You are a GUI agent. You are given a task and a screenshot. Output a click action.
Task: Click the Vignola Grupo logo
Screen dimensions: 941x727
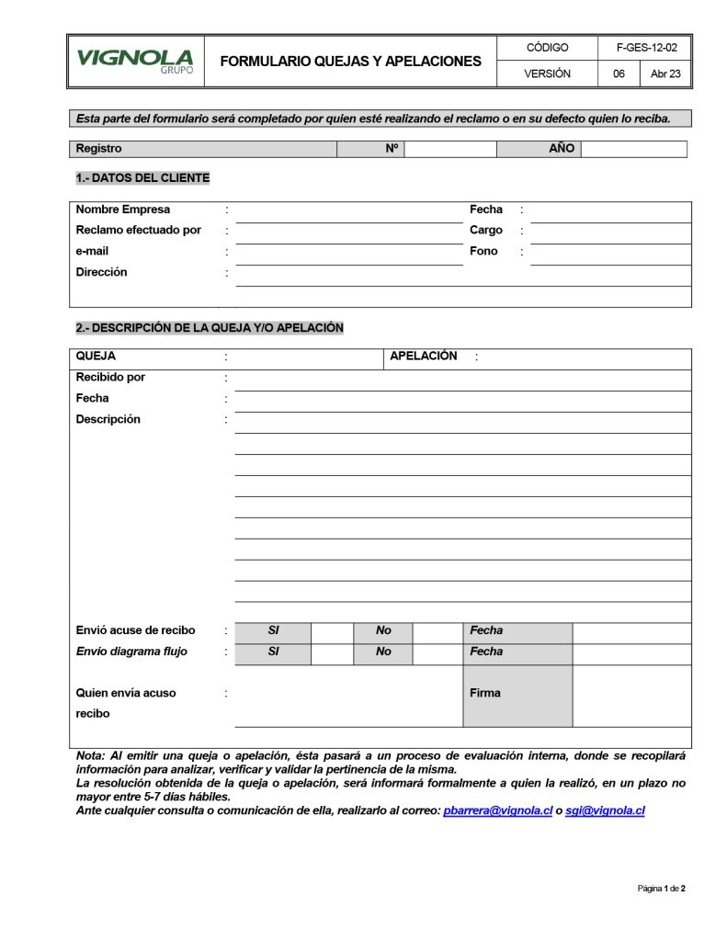pyautogui.click(x=135, y=62)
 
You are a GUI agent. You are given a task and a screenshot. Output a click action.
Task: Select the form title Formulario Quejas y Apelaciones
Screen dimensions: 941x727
pyautogui.click(x=350, y=62)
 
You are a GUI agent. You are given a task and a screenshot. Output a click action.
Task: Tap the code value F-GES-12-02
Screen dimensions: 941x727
pyautogui.click(x=646, y=48)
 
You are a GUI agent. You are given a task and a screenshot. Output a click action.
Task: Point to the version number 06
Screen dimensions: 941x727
pyautogui.click(x=619, y=74)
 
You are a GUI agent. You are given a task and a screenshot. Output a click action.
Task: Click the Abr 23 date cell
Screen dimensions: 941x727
pyautogui.click(x=665, y=74)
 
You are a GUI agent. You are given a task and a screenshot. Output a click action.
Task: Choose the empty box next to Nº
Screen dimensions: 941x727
pyautogui.click(x=450, y=149)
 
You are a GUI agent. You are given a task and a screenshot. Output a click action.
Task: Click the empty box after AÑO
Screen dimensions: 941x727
pyautogui.click(x=633, y=149)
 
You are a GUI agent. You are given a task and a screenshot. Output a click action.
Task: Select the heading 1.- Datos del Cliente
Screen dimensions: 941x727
pyautogui.click(x=142, y=178)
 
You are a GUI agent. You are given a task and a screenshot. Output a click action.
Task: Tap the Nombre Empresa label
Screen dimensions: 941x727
pyautogui.click(x=123, y=210)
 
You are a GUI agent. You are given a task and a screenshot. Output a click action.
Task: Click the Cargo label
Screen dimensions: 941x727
pyautogui.click(x=486, y=231)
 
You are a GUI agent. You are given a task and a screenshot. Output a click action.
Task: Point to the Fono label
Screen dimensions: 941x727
pyautogui.click(x=483, y=251)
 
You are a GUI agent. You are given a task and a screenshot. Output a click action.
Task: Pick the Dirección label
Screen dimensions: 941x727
pyautogui.click(x=102, y=272)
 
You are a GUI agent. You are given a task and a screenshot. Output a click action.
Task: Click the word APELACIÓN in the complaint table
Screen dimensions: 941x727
pyautogui.click(x=424, y=357)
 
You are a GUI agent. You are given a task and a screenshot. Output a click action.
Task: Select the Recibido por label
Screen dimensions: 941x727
pyautogui.click(x=110, y=378)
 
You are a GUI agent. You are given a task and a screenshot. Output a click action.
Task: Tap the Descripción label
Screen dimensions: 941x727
pyautogui.click(x=108, y=420)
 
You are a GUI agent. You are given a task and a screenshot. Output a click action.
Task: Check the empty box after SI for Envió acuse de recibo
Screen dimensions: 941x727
pyautogui.click(x=332, y=631)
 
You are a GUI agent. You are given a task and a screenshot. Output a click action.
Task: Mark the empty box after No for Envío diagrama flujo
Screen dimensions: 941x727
pyautogui.click(x=437, y=652)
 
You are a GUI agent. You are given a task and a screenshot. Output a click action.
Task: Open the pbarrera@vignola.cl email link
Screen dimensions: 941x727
pyautogui.click(x=497, y=811)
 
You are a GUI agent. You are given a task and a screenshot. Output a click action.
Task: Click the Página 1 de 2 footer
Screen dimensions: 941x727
pyautogui.click(x=662, y=889)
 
